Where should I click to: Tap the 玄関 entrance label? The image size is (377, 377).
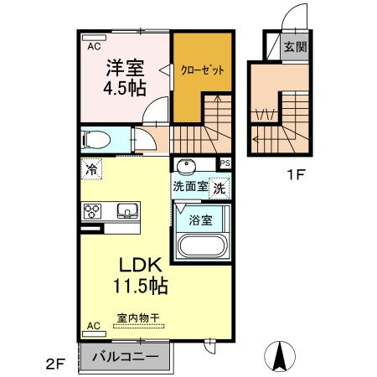click(293, 45)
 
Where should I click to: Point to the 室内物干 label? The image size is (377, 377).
click(138, 318)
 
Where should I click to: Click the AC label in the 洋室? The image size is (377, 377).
click(94, 47)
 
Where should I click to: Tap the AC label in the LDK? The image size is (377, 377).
click(94, 325)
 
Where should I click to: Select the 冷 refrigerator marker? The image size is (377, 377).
click(90, 170)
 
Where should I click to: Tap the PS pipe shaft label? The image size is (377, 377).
click(225, 163)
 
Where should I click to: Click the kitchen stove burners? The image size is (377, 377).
click(91, 211)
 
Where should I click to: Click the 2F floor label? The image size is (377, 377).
click(54, 364)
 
